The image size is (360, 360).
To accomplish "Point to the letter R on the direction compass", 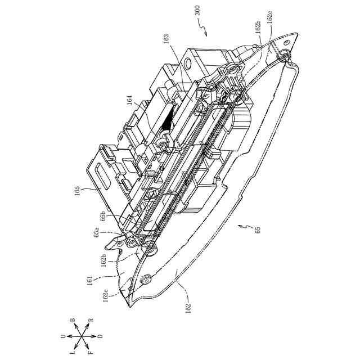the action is (x=91, y=324).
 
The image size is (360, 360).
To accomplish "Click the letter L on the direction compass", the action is (x=73, y=352).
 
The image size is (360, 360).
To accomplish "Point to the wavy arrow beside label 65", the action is (x=245, y=226).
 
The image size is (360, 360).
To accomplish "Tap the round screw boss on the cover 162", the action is (x=148, y=277).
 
